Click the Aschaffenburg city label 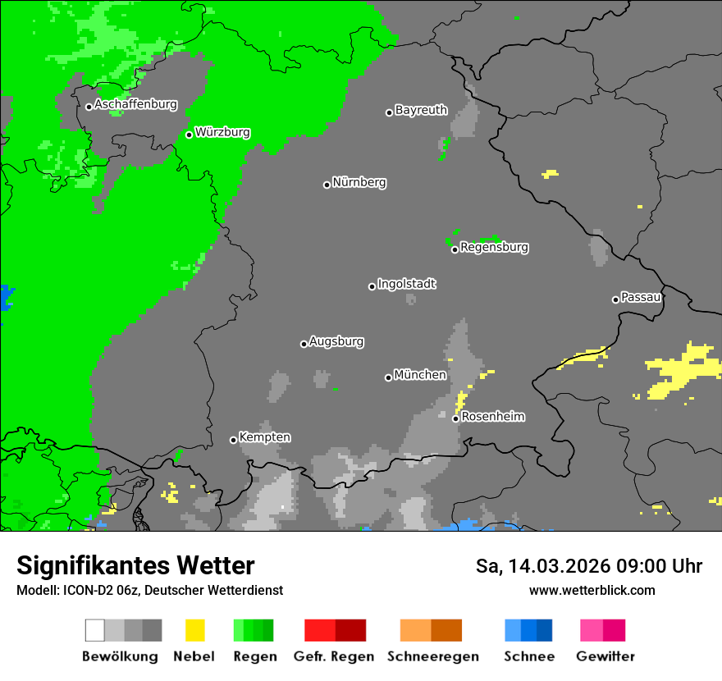click(135, 104)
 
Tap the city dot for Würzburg click(189, 135)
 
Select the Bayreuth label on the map click(421, 110)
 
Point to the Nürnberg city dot click(327, 185)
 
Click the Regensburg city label click(494, 247)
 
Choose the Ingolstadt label click(406, 284)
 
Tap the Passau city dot click(615, 299)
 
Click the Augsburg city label click(336, 341)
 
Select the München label click(420, 375)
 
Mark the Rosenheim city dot click(455, 418)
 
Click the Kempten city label click(264, 437)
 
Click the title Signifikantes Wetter click(135, 565)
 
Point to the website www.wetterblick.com click(592, 590)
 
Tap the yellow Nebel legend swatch click(194, 630)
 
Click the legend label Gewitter click(605, 656)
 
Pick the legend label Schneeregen click(432, 656)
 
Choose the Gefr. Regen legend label click(335, 656)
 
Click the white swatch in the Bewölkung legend click(95, 630)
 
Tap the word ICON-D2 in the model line click(82, 590)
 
